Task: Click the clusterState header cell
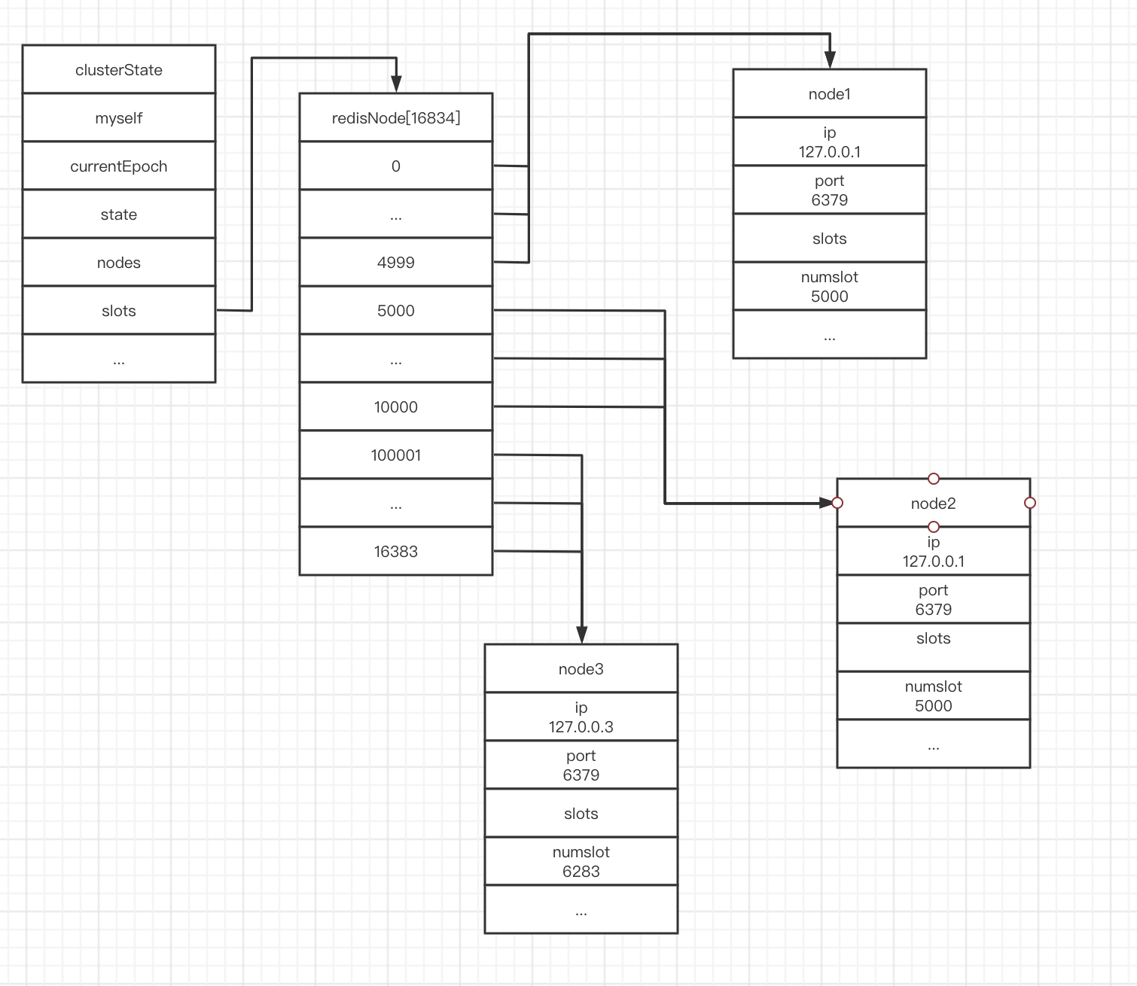click(x=119, y=70)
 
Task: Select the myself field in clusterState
click(x=119, y=118)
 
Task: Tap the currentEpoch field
click(x=119, y=166)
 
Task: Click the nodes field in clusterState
click(x=119, y=263)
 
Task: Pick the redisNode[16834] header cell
click(x=396, y=118)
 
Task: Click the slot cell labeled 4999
click(x=396, y=263)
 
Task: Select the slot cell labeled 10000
click(x=396, y=407)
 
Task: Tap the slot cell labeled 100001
click(x=396, y=455)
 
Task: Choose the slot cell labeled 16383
click(x=396, y=552)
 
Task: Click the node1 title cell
click(x=830, y=94)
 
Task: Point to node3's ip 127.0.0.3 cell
click(x=581, y=717)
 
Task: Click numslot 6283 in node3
click(x=581, y=862)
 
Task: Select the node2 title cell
click(x=934, y=504)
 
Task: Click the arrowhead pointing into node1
click(x=830, y=61)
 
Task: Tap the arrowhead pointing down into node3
click(x=581, y=635)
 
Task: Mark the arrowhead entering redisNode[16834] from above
click(x=396, y=84)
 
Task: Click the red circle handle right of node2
click(x=1030, y=503)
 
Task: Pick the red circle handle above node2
click(x=934, y=479)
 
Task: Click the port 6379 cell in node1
click(x=830, y=190)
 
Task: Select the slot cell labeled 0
click(x=396, y=166)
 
